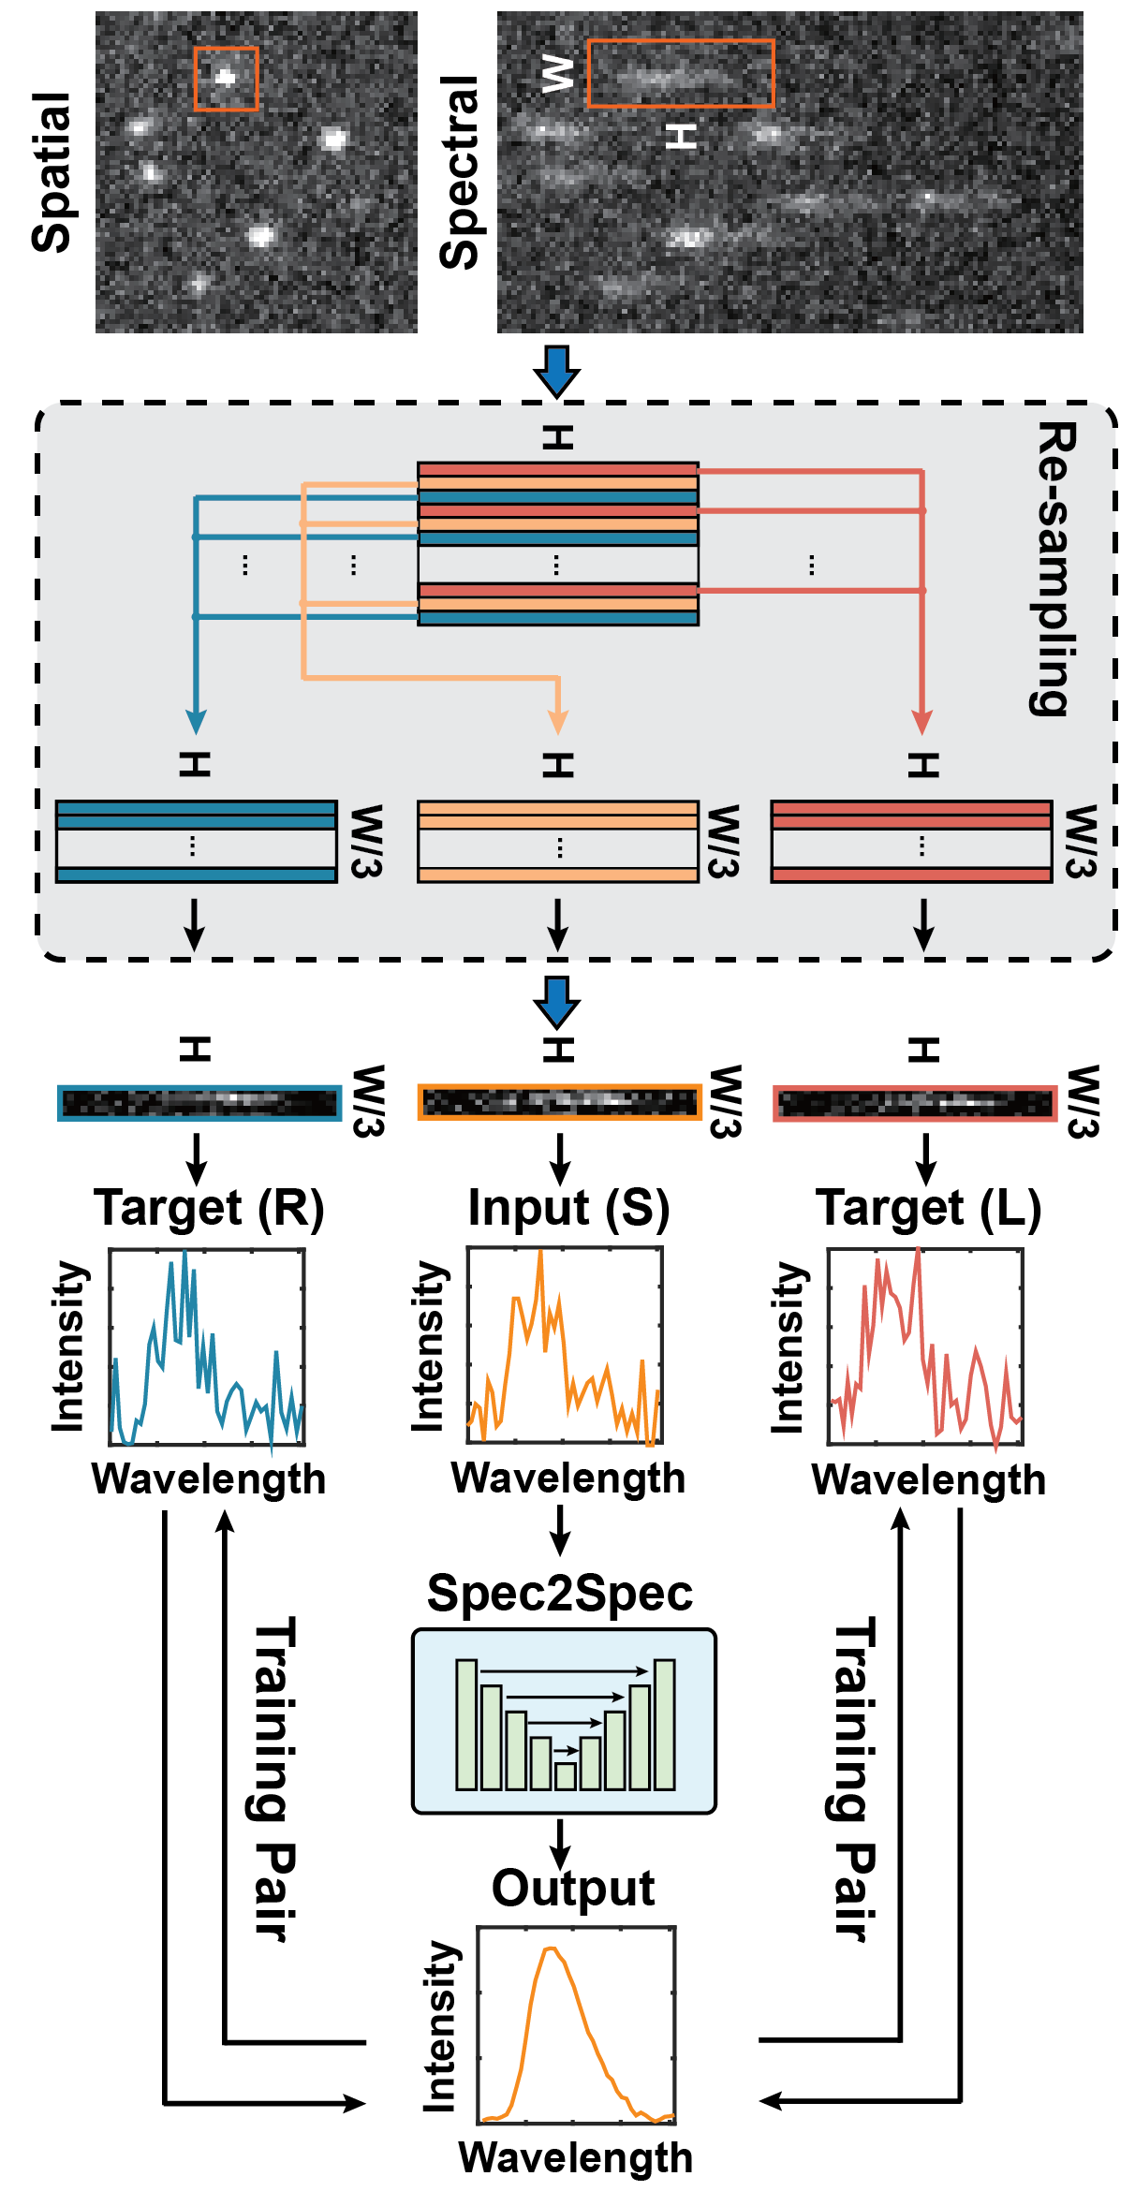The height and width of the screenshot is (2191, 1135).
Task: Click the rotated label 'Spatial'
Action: tap(52, 172)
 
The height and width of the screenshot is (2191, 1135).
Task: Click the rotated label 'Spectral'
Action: tap(460, 172)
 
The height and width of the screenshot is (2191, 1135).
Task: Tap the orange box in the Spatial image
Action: tap(226, 79)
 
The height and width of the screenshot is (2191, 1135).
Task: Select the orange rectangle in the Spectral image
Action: tap(681, 73)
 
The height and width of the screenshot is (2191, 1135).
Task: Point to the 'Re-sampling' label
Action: tap(1054, 568)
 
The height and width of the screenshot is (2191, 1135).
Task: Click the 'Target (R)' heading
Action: tap(209, 1208)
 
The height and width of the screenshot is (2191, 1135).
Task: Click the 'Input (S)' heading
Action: tap(568, 1208)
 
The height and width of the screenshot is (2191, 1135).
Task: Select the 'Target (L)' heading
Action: tap(928, 1208)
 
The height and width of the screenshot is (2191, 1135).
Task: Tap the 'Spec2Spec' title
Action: tap(560, 1593)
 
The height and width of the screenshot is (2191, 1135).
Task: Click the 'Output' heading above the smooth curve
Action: tap(573, 1889)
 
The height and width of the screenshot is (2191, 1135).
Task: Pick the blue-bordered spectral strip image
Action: tap(199, 1103)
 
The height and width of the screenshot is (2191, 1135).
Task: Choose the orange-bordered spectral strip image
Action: tap(559, 1103)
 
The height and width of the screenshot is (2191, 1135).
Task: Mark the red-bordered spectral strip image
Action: tap(915, 1103)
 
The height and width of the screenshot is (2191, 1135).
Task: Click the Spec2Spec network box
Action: tap(564, 1721)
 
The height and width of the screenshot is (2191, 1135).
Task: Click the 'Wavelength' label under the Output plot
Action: tap(575, 2157)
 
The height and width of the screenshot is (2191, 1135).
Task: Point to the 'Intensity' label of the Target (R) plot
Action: tap(68, 1346)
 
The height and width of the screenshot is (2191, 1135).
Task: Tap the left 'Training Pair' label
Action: tap(276, 1779)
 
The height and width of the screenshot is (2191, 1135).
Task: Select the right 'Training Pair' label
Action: tap(855, 1779)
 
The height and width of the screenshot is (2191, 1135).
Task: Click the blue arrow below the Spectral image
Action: tap(557, 370)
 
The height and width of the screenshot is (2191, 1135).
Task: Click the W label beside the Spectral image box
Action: tap(558, 73)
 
